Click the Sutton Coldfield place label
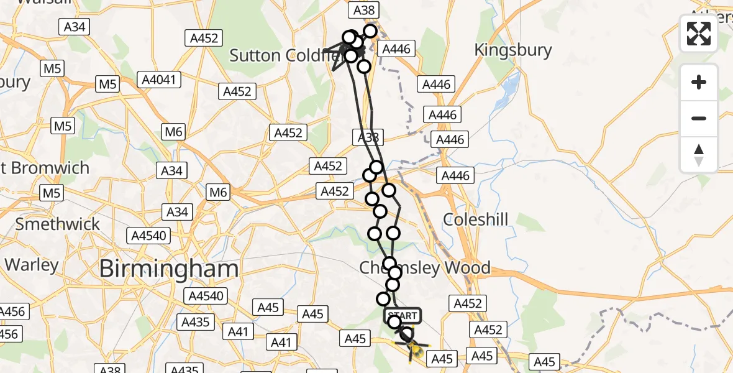click(x=283, y=55)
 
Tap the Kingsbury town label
click(x=512, y=50)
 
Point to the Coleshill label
click(x=476, y=219)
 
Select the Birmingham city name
click(x=168, y=269)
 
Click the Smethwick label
click(x=57, y=224)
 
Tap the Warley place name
click(x=31, y=264)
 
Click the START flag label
click(x=403, y=316)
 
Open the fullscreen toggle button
click(x=699, y=34)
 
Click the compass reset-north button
click(x=699, y=155)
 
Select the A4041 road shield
click(x=161, y=80)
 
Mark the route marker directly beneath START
click(x=394, y=322)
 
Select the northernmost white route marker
click(x=370, y=30)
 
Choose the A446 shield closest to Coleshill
click(x=455, y=177)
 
